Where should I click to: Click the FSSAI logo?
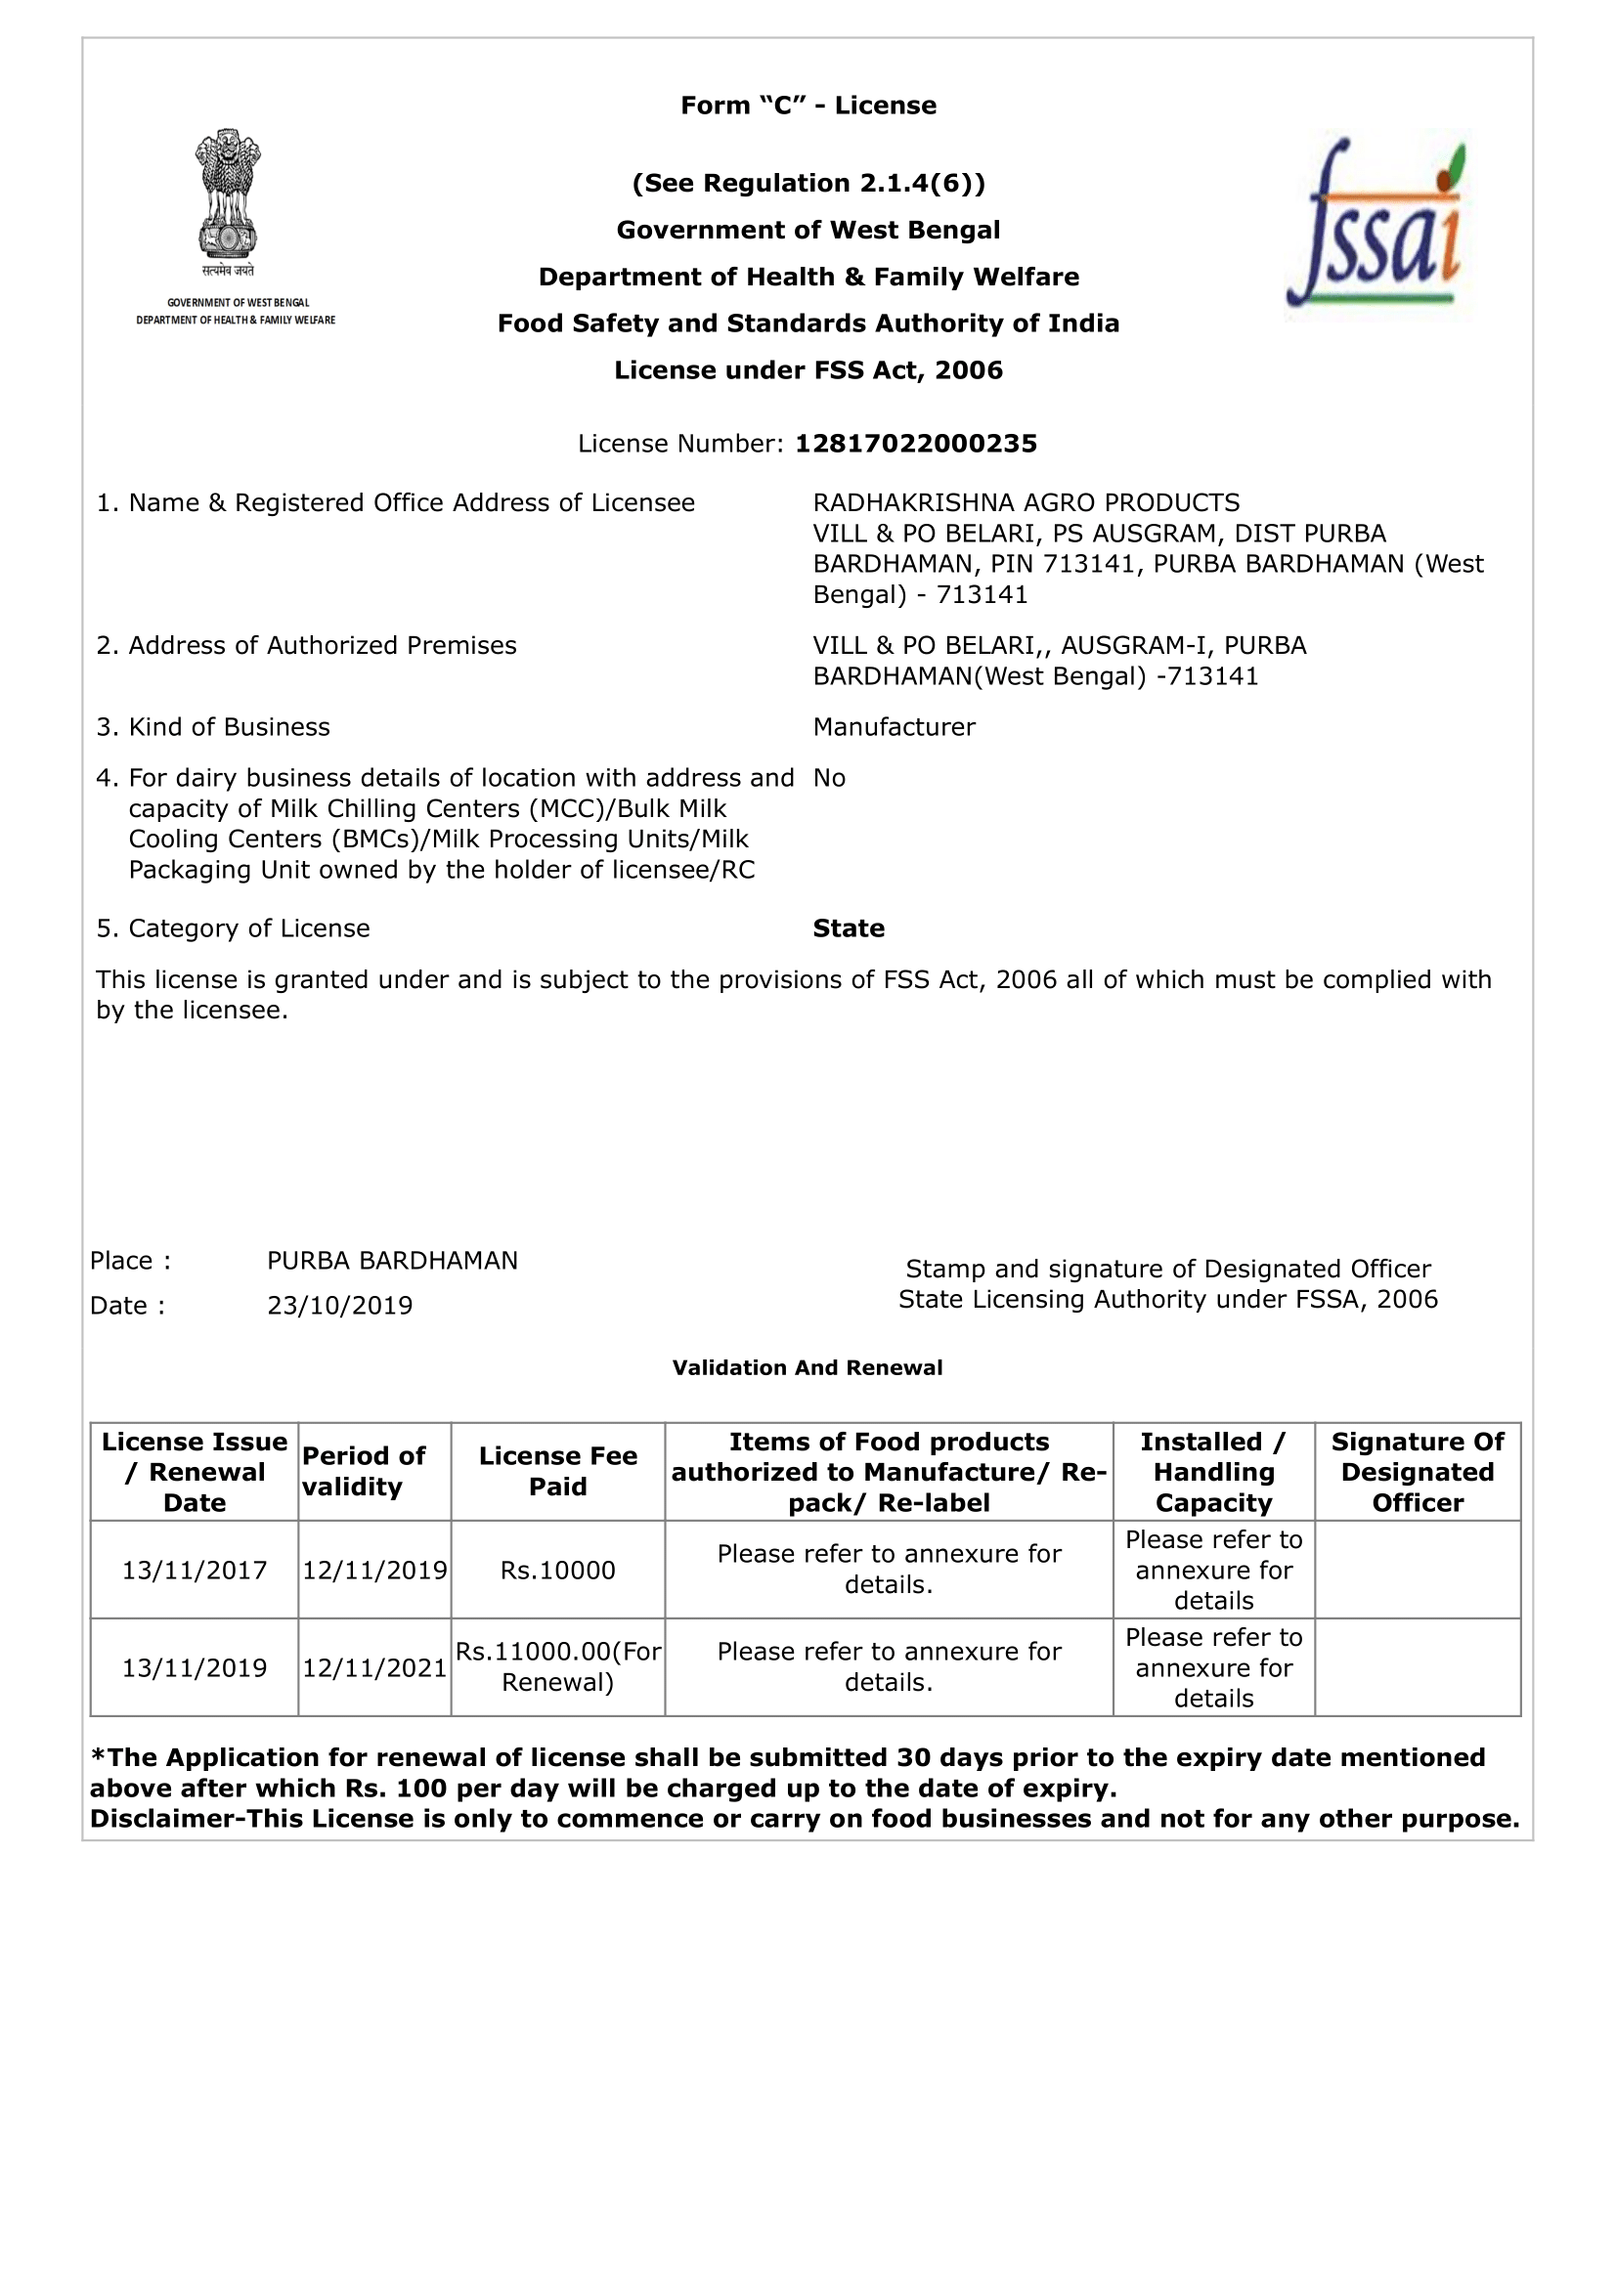[1377, 224]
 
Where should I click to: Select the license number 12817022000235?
[915, 444]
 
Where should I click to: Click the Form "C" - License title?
[808, 106]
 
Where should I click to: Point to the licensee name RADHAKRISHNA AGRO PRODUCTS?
[1026, 502]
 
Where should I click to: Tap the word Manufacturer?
[894, 728]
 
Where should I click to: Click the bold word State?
[849, 928]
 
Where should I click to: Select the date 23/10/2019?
[339, 1306]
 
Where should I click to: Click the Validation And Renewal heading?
[807, 1368]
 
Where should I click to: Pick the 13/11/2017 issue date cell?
[195, 1571]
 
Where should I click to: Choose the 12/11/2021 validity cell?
[374, 1667]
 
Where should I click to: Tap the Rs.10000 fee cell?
[557, 1571]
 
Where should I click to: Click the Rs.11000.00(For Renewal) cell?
[557, 1667]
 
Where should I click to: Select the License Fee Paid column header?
[557, 1472]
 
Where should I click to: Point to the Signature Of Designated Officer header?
[1417, 1472]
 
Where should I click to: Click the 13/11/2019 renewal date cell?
[195, 1667]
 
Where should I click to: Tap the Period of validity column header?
[364, 1472]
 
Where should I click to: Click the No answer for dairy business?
[828, 779]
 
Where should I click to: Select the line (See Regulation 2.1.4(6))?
[808, 183]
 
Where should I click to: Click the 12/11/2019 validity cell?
[374, 1571]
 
